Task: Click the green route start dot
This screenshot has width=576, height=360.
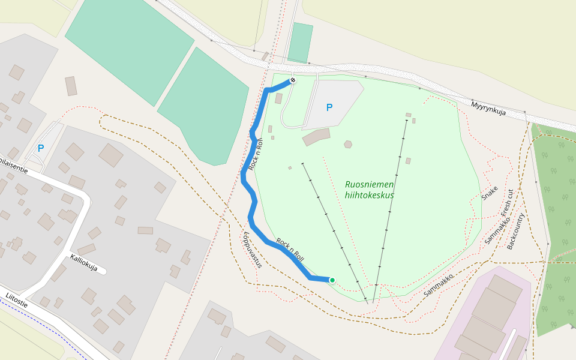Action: coord(332,280)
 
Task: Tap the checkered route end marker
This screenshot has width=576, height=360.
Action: coord(293,80)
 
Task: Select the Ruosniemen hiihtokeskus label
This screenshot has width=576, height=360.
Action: coord(370,190)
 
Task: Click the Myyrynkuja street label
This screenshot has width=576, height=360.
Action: coord(488,109)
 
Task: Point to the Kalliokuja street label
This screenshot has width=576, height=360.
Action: coord(83,263)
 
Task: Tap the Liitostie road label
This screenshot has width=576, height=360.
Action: coord(17,300)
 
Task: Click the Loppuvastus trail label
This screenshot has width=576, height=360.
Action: coord(253,249)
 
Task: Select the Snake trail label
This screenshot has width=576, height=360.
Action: coord(490,193)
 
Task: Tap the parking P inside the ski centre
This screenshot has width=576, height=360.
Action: coord(329,107)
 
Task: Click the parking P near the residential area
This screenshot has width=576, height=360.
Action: coord(41,148)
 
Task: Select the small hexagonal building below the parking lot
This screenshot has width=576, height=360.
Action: coord(348,144)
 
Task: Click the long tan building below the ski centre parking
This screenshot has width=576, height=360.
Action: coord(316,137)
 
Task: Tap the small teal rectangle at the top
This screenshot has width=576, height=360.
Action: coord(300,43)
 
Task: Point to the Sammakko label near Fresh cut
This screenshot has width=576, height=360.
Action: coord(497,232)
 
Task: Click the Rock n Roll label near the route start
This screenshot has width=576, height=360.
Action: coord(290,250)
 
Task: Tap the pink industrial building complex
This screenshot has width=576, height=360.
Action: coord(486,318)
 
